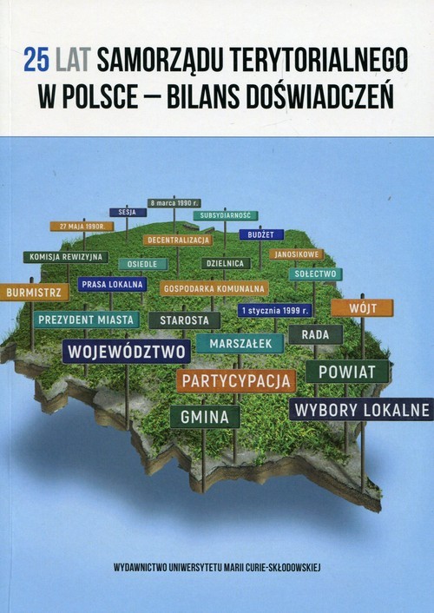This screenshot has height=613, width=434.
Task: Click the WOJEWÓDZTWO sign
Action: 127,352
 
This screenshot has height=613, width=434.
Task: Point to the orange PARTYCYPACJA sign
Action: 235,380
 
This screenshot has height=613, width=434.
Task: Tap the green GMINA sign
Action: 205,417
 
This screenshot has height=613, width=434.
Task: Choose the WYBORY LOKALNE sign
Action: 361,409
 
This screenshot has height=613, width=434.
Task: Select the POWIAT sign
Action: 347,372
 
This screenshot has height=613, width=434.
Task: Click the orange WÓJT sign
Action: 362,307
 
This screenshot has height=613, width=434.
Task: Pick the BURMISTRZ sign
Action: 35,293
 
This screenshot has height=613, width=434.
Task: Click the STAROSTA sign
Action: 184,320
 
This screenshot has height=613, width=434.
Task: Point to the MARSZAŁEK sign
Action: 240,343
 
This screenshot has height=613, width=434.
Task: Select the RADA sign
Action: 315,334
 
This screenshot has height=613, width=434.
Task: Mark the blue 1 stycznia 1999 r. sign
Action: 275,310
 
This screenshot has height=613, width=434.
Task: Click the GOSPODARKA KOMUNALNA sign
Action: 214,288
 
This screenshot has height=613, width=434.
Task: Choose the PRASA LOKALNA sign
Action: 112,284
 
